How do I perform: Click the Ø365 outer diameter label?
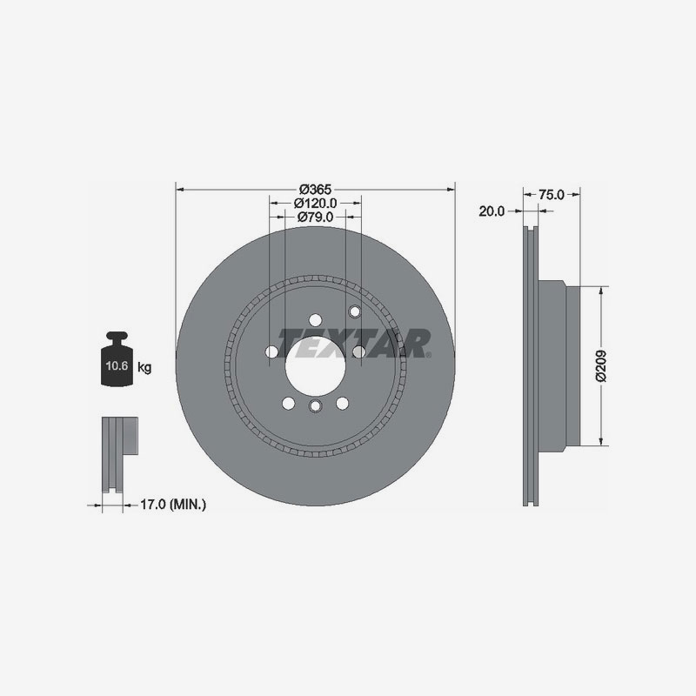pyautogui.click(x=315, y=189)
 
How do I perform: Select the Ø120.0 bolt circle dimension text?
pyautogui.click(x=315, y=203)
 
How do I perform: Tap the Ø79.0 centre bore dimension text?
pyautogui.click(x=315, y=217)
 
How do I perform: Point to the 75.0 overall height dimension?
pyautogui.click(x=552, y=195)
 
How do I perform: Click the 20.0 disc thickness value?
pyautogui.click(x=492, y=211)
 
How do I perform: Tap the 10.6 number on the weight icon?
pyautogui.click(x=118, y=367)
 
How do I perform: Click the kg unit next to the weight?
pyautogui.click(x=144, y=368)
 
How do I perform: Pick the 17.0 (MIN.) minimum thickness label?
pyautogui.click(x=173, y=504)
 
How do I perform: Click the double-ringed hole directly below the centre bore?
pyautogui.click(x=315, y=406)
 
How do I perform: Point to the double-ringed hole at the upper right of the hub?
pyautogui.click(x=353, y=311)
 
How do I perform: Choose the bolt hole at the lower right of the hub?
pyautogui.click(x=342, y=402)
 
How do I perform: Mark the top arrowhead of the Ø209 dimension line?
pyautogui.click(x=600, y=290)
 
